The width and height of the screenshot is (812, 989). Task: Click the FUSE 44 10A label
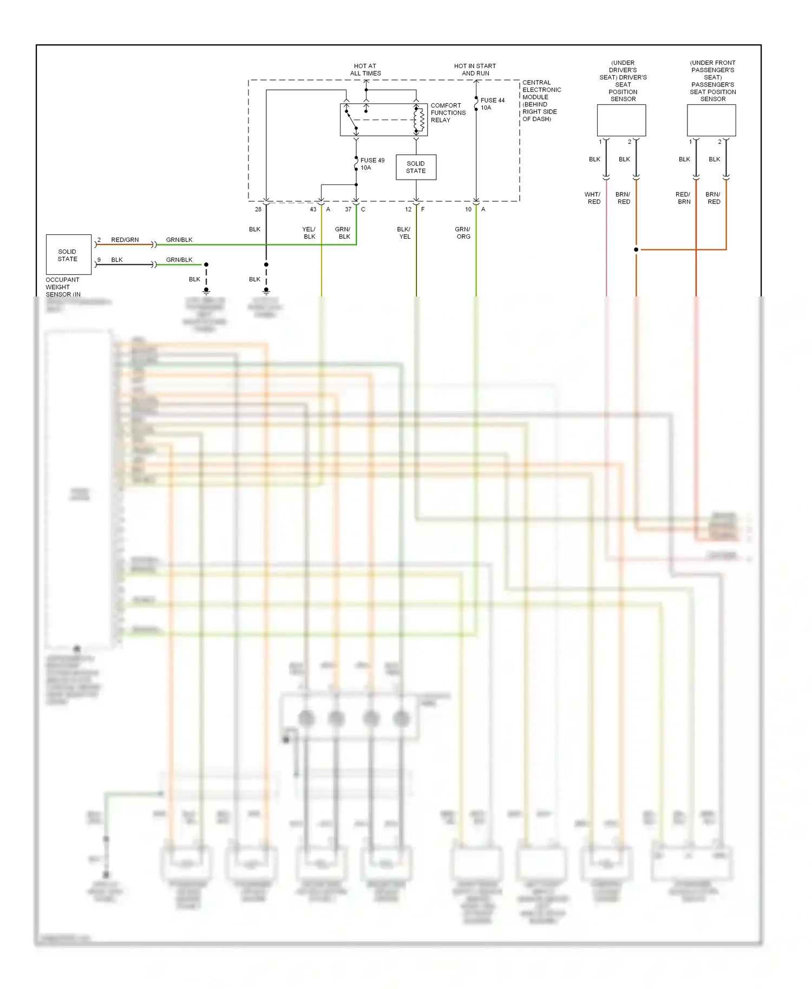click(x=492, y=104)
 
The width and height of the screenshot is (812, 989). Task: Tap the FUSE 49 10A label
click(x=372, y=164)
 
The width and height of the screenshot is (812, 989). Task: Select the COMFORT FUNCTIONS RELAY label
click(x=448, y=113)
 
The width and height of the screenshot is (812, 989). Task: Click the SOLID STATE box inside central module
click(x=416, y=167)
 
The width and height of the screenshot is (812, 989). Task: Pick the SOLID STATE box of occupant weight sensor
click(x=68, y=255)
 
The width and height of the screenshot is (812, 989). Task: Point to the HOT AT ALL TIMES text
click(x=365, y=70)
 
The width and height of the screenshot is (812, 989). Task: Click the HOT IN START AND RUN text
click(x=475, y=70)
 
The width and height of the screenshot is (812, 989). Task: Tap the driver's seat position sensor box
click(x=621, y=120)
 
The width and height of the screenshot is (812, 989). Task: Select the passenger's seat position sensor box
click(x=711, y=120)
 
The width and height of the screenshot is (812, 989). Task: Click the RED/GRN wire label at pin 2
click(x=125, y=240)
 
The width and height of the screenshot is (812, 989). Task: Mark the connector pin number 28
click(x=258, y=209)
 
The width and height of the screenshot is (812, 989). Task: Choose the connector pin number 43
click(x=313, y=209)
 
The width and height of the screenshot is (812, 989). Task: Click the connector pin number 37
click(x=348, y=209)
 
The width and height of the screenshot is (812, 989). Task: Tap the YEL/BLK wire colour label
click(x=309, y=233)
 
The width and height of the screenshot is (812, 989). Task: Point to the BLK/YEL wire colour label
click(x=404, y=233)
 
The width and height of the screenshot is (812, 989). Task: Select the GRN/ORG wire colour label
click(x=463, y=233)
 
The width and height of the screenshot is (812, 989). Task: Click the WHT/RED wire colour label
click(x=593, y=198)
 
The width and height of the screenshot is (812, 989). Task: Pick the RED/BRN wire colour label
click(x=683, y=198)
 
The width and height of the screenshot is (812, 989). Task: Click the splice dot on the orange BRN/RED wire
click(x=636, y=249)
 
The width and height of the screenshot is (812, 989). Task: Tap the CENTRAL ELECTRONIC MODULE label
click(x=541, y=101)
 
